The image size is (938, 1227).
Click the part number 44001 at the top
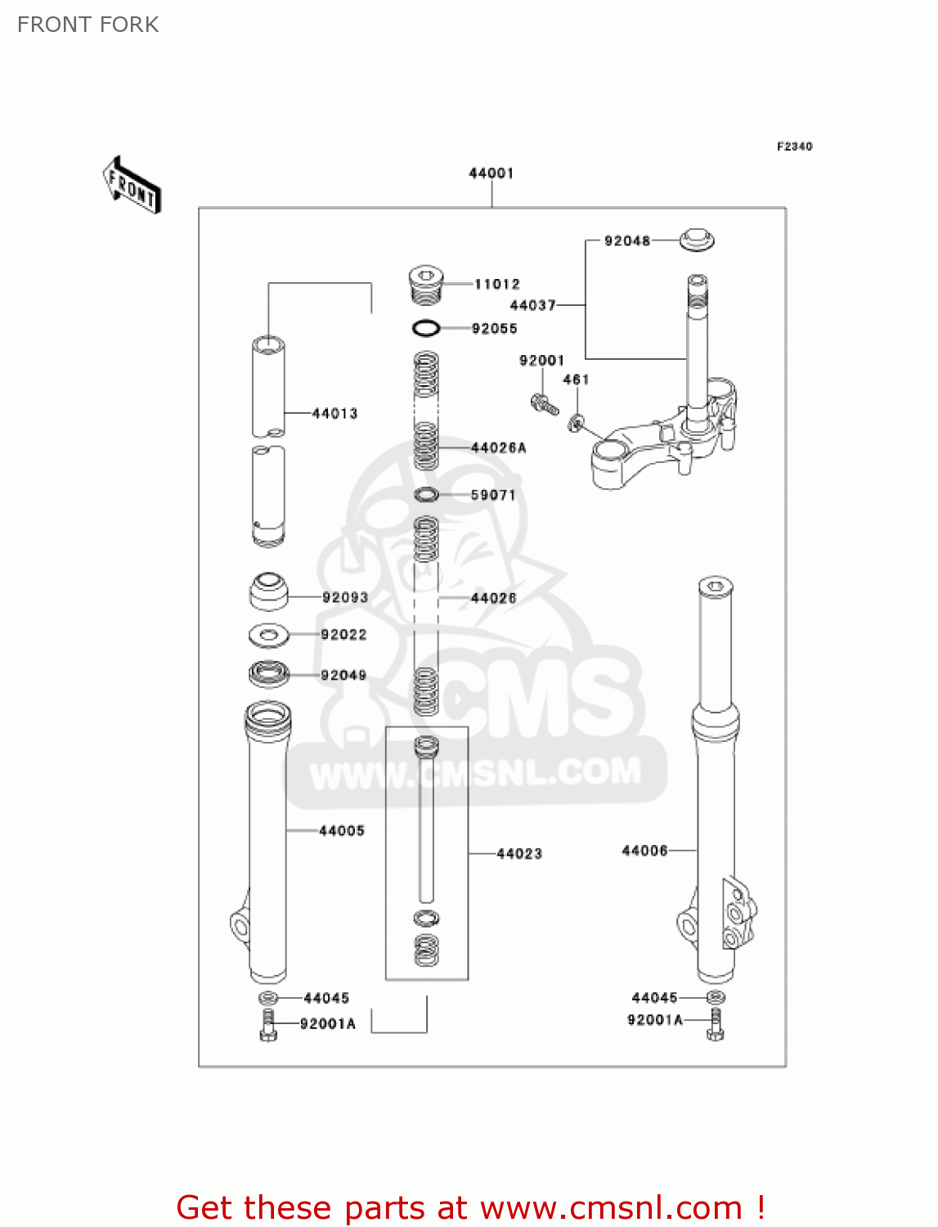click(491, 173)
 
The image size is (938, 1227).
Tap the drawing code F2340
click(794, 146)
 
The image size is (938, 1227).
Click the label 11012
click(497, 284)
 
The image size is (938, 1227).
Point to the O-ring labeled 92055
click(426, 328)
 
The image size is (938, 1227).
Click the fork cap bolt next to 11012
click(425, 283)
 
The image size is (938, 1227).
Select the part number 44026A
click(499, 447)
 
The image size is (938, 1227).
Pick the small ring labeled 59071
click(426, 494)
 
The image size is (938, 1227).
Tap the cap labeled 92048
click(697, 240)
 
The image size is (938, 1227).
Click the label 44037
click(532, 305)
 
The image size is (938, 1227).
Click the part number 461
click(576, 380)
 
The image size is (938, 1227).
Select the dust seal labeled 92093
click(268, 592)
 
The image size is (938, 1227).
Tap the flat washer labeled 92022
click(268, 634)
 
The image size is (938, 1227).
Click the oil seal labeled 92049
click(269, 674)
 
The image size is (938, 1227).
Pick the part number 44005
click(342, 830)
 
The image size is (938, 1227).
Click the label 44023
click(519, 853)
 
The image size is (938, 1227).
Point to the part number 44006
click(644, 851)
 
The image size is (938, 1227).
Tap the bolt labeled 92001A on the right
click(715, 1024)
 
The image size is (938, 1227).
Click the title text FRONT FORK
click(88, 25)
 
